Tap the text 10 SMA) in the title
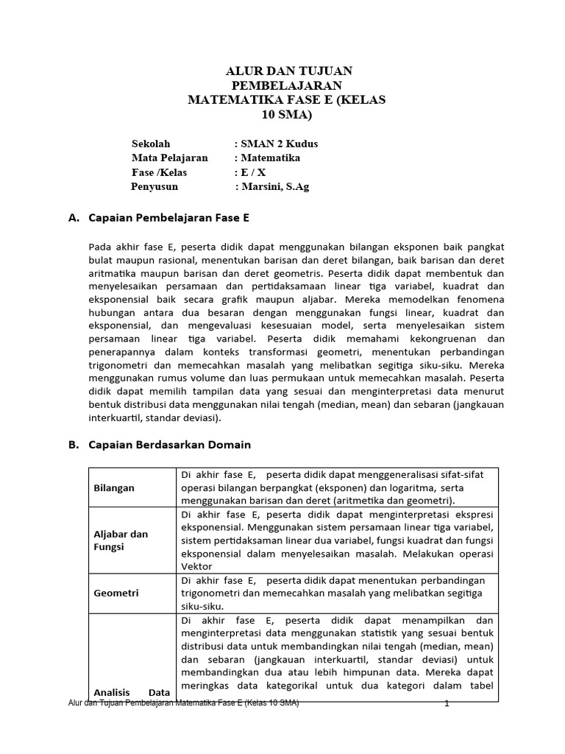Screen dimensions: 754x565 [288, 115]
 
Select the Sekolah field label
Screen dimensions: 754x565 [151, 144]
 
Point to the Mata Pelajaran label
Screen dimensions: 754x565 [170, 158]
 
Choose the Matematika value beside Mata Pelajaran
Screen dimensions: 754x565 [269, 158]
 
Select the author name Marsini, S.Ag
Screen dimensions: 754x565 [274, 187]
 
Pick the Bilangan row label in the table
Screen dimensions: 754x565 [114, 487]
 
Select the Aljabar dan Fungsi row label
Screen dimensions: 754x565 [121, 540]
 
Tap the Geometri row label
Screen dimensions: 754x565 [116, 593]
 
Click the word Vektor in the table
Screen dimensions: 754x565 [196, 566]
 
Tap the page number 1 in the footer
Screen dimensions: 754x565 [447, 704]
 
